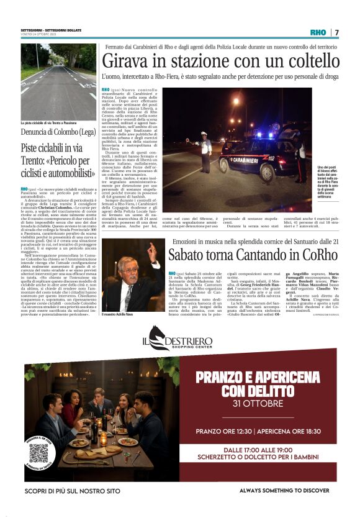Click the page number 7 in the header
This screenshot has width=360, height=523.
pyautogui.click(x=337, y=32)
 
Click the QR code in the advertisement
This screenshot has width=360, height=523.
pyautogui.click(x=38, y=452)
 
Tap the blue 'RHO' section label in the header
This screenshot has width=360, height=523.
pyautogui.click(x=318, y=32)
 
